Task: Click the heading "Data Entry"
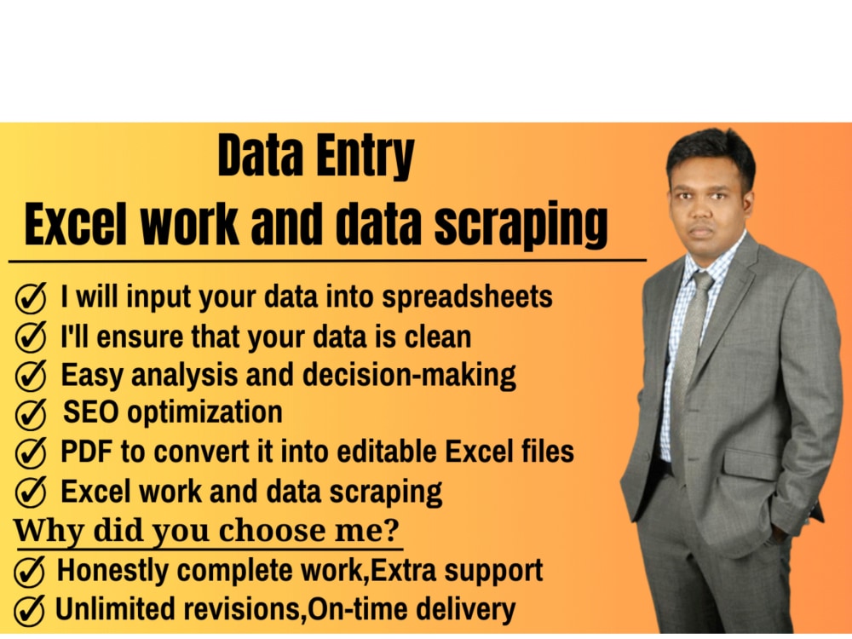point(316,158)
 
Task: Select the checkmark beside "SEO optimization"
point(31,414)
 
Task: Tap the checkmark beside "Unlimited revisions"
point(31,610)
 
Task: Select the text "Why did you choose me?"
point(206,530)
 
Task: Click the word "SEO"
point(89,412)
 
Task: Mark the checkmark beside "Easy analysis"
point(31,375)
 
